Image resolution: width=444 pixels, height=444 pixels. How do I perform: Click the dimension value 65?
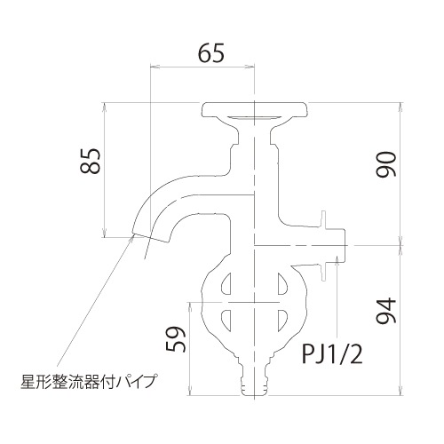(x=210, y=52)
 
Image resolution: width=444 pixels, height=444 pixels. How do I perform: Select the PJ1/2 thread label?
(x=329, y=356)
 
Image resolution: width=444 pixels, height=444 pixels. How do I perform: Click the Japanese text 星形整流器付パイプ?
(x=88, y=384)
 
